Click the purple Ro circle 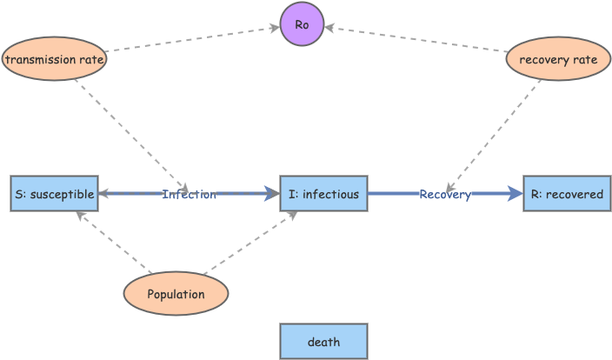pos(302,23)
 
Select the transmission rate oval pos(54,60)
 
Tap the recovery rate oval pos(557,60)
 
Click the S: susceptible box pos(54,194)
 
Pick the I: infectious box pos(323,194)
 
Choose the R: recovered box pos(566,194)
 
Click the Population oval pos(176,294)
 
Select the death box pos(323,342)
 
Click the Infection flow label pos(189,194)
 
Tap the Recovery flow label pos(444,194)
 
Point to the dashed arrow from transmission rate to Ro pos(191,39)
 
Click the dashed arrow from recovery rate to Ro pos(417,40)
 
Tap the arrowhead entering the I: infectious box pos(273,194)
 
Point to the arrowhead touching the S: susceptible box pos(103,194)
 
